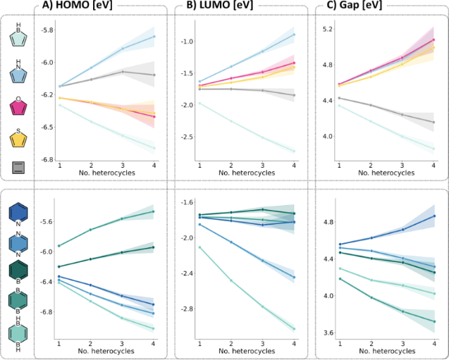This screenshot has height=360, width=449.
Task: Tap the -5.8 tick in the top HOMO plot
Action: pos(47,30)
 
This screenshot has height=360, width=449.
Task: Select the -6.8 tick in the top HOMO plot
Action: pos(47,159)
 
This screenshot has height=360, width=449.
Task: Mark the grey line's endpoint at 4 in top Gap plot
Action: pos(433,122)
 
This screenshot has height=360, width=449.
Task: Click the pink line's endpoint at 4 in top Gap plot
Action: pos(433,40)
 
